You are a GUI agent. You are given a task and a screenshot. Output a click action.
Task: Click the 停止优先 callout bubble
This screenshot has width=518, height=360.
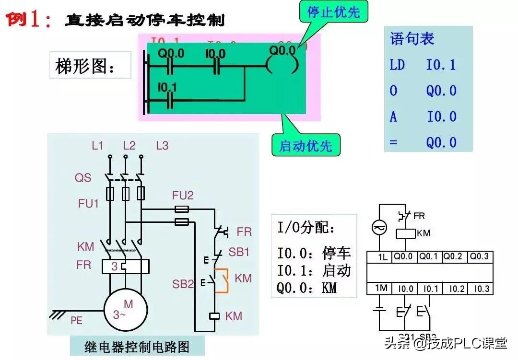click(x=333, y=12)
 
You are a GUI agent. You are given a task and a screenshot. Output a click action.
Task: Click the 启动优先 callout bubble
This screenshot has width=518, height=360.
click(x=306, y=145)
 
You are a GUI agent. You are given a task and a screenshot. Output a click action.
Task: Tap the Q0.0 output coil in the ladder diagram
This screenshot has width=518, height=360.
click(x=285, y=65)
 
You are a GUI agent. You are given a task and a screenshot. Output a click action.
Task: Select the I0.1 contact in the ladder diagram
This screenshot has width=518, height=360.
click(x=169, y=98)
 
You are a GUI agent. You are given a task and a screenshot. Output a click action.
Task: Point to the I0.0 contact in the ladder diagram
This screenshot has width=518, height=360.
click(x=215, y=65)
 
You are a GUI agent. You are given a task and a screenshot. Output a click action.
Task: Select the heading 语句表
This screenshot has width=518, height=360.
click(x=412, y=39)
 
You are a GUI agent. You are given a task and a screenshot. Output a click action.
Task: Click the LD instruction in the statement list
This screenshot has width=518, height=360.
click(x=397, y=65)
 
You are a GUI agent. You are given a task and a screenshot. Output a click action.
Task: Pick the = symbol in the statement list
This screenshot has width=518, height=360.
click(x=393, y=142)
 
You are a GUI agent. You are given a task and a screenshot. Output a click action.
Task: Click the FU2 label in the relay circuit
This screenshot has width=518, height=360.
click(x=183, y=195)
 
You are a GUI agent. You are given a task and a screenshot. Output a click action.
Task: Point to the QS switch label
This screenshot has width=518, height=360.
click(x=82, y=178)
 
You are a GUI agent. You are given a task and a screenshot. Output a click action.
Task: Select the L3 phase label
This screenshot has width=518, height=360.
click(x=162, y=146)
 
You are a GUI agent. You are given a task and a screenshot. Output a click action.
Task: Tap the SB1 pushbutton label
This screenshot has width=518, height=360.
click(x=239, y=252)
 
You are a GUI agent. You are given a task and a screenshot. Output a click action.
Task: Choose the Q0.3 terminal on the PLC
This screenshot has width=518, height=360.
click(x=480, y=256)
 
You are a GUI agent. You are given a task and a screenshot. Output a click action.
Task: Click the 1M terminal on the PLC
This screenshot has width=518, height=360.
click(x=381, y=288)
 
